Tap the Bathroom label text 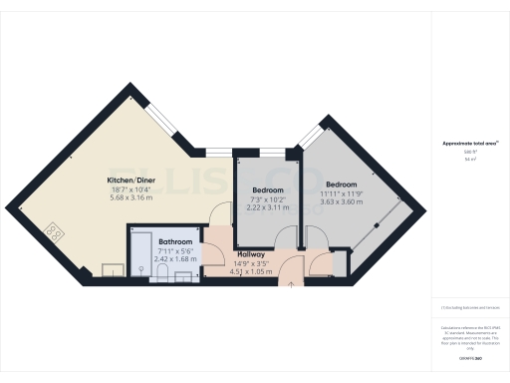click(175, 242)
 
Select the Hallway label click(251, 255)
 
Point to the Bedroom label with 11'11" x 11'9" click(341, 185)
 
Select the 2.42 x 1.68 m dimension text click(175, 260)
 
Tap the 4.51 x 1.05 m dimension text click(251, 271)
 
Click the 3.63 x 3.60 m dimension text click(341, 201)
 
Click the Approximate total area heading click(470, 144)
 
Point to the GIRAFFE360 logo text click(469, 356)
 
